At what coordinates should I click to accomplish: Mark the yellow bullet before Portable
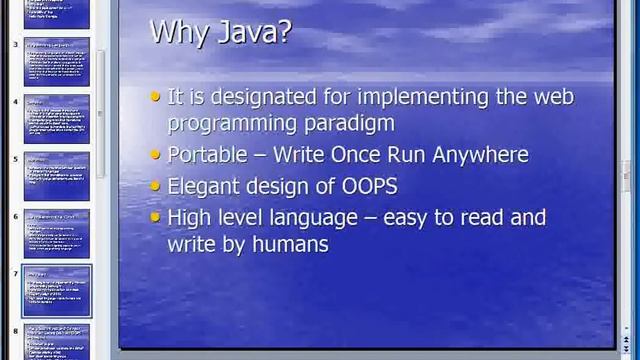pyautogui.click(x=155, y=156)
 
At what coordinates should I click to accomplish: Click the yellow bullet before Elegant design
pyautogui.click(x=155, y=186)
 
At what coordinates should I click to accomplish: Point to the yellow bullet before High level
pyautogui.click(x=155, y=217)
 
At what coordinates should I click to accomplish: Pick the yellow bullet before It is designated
pyautogui.click(x=155, y=97)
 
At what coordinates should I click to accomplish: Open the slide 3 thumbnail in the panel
pyautogui.click(x=56, y=62)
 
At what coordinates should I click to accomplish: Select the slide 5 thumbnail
pyautogui.click(x=56, y=176)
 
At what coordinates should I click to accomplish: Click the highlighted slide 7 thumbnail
pyautogui.click(x=56, y=290)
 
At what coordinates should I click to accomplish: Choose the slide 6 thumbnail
pyautogui.click(x=56, y=233)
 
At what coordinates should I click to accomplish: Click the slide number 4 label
pyautogui.click(x=15, y=102)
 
